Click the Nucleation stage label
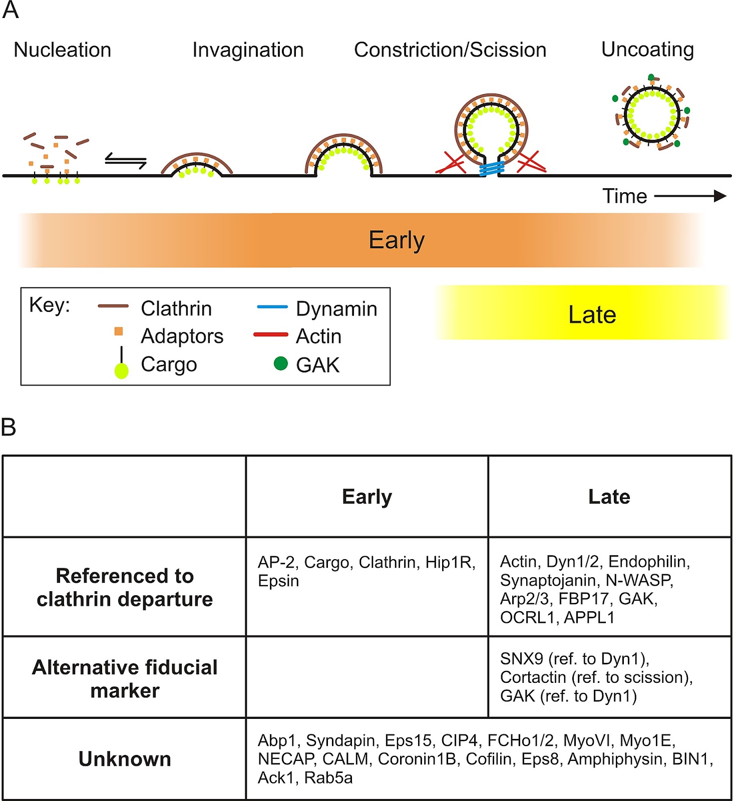(x=63, y=50)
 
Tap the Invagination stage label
(x=248, y=50)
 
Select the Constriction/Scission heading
(x=450, y=50)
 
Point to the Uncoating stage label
(x=647, y=50)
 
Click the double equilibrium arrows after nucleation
(x=126, y=161)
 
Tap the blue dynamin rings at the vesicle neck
(x=491, y=169)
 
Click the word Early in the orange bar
(x=397, y=240)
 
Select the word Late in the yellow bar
(x=592, y=315)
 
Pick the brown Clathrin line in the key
(x=113, y=306)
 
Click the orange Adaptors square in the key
(x=119, y=331)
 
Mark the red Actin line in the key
(x=270, y=334)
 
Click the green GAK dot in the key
(x=281, y=363)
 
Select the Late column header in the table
(x=609, y=497)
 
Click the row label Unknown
(x=125, y=759)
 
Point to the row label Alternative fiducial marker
(x=125, y=679)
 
